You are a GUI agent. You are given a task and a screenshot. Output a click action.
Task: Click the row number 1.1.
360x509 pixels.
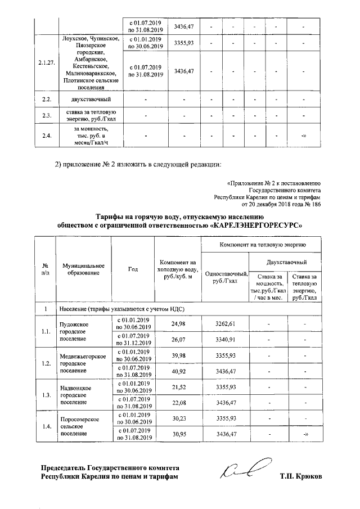tap(46, 331)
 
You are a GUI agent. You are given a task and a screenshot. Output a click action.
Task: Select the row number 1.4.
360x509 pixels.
tap(46, 426)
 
